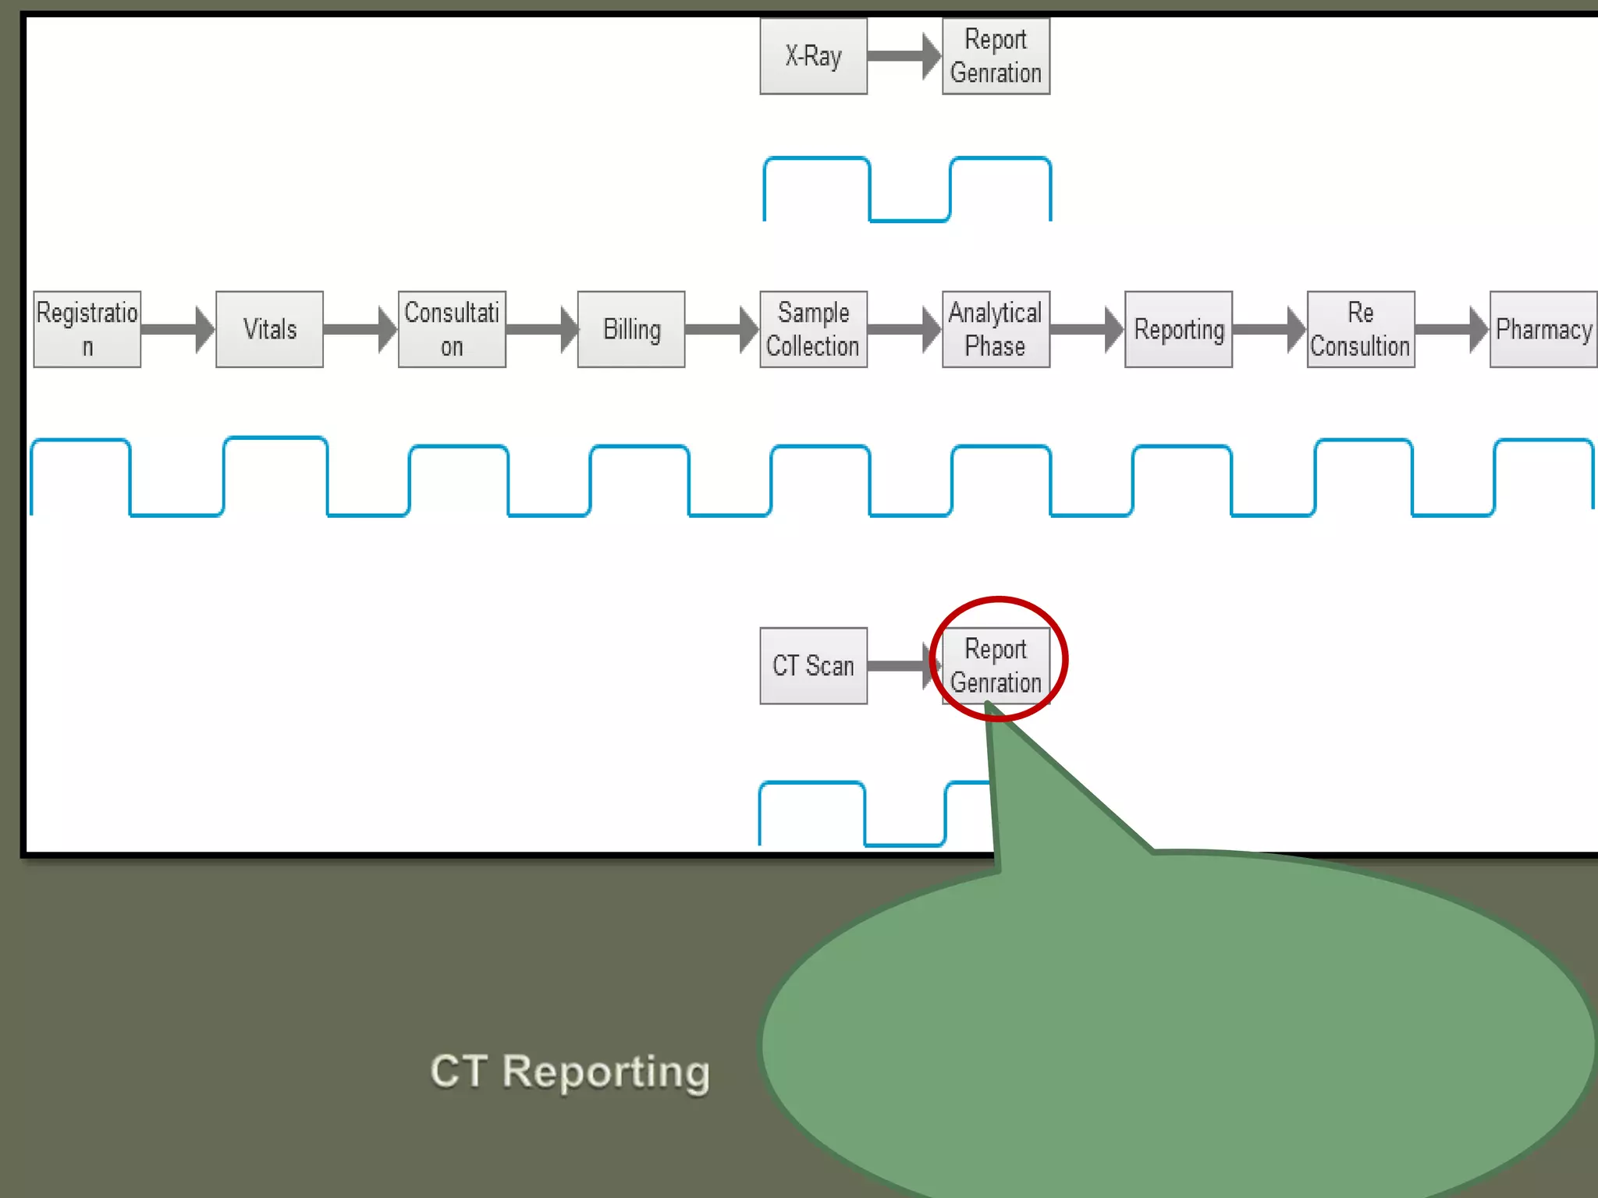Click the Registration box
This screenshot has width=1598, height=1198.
[x=87, y=329]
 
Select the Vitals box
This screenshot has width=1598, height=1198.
[x=269, y=329]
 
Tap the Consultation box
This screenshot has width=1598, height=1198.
[x=452, y=329]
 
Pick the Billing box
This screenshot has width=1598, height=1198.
[x=631, y=329]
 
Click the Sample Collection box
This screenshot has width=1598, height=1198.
[x=813, y=329]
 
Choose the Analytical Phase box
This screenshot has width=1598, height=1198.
[x=996, y=329]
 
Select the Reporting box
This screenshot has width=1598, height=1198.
[x=1178, y=329]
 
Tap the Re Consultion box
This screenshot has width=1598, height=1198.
[x=1361, y=329]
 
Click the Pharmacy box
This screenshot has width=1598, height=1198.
[x=1543, y=329]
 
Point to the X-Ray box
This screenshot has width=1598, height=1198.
[x=813, y=56]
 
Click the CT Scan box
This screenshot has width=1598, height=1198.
[x=813, y=665]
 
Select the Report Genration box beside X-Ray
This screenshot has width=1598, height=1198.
[x=996, y=56]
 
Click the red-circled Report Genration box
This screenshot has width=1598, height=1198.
[x=996, y=665]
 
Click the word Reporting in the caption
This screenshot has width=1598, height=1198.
[x=605, y=1072]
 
